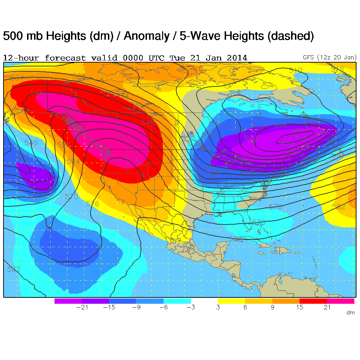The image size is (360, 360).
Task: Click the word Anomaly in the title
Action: [x=144, y=36]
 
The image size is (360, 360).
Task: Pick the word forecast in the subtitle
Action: [x=65, y=58]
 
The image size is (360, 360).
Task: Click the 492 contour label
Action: [x=287, y=143]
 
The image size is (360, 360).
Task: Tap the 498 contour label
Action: [x=281, y=126]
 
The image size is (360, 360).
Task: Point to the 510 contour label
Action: [x=295, y=70]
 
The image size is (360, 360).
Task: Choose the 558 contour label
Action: [x=64, y=144]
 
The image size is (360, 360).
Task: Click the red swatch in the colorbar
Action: [x=313, y=301]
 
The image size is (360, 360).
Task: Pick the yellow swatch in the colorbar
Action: [x=231, y=301]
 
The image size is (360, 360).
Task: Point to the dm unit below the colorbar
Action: [x=350, y=313]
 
